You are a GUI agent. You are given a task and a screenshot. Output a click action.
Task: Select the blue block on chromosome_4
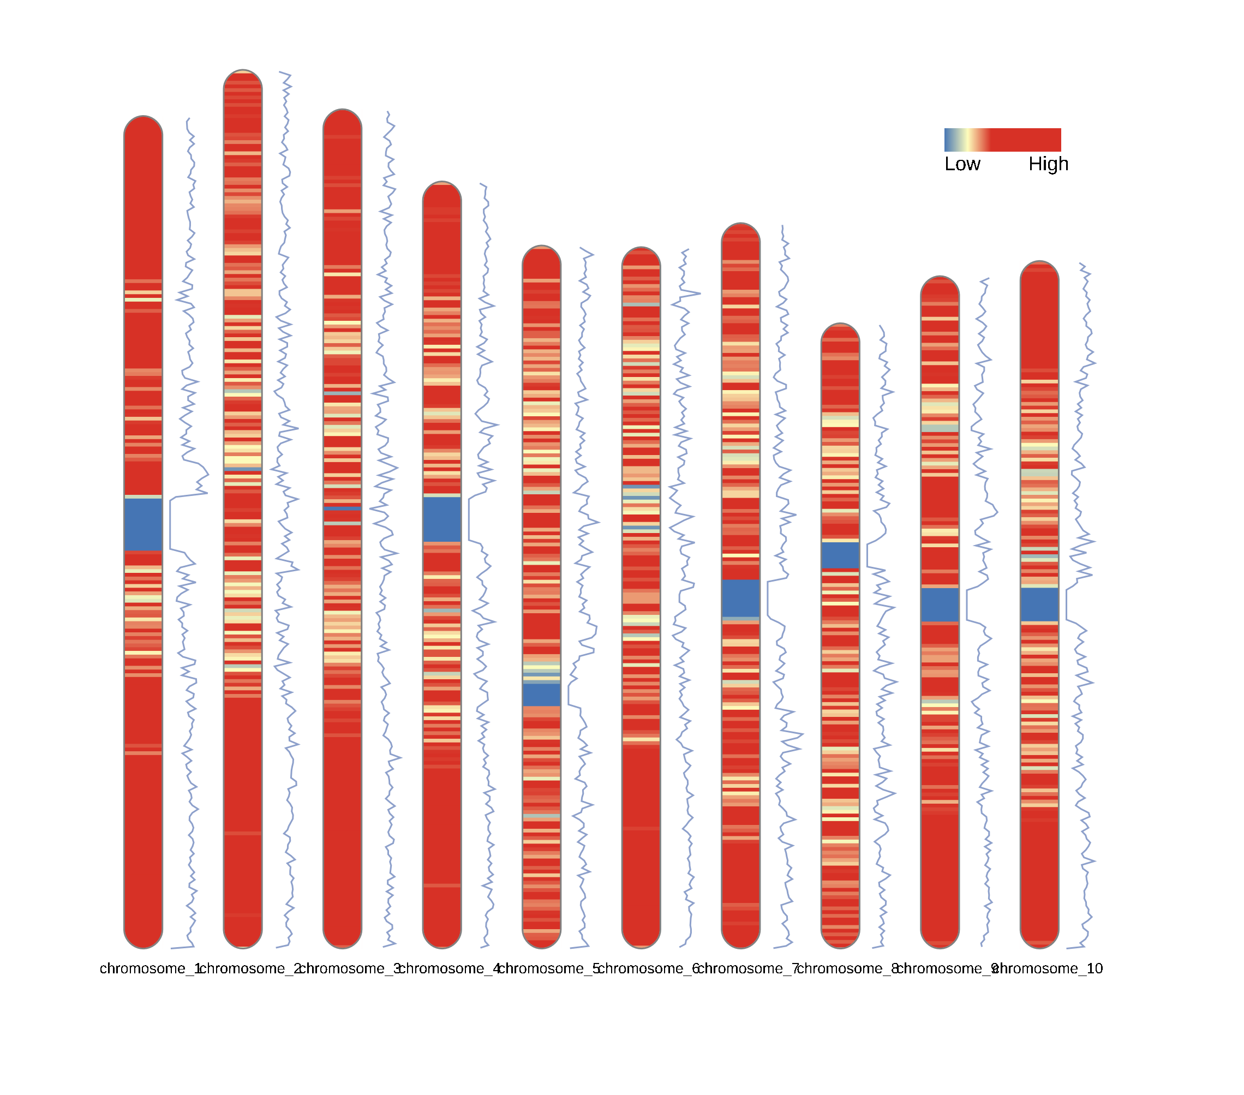coord(442,519)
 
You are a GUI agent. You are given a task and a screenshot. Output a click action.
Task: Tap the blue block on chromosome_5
coord(541,695)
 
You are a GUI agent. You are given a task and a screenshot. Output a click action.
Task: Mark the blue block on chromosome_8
coord(840,555)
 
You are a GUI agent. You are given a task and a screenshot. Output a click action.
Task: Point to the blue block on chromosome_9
coord(939,605)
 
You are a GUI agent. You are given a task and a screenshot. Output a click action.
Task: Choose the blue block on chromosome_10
coord(1039,605)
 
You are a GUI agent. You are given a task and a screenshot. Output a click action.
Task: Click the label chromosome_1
coord(149,968)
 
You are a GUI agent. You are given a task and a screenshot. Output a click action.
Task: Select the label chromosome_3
coord(349,968)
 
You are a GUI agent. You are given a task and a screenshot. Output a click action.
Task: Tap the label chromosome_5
coord(548,968)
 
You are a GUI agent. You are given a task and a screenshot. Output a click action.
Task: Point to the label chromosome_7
coord(747,968)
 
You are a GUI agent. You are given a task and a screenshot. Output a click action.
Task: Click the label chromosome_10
coord(1049,968)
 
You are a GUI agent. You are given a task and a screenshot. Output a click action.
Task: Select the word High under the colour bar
coord(1048,164)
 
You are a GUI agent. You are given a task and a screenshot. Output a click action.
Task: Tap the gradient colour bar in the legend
coord(1002,139)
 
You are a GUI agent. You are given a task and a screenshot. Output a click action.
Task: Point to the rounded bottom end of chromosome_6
coord(641,939)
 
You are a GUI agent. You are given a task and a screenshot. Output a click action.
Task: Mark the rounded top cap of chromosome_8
coord(840,332)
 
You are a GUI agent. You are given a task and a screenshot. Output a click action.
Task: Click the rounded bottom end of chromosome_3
coord(342,939)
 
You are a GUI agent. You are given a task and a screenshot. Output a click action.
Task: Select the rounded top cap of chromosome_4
coord(442,190)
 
